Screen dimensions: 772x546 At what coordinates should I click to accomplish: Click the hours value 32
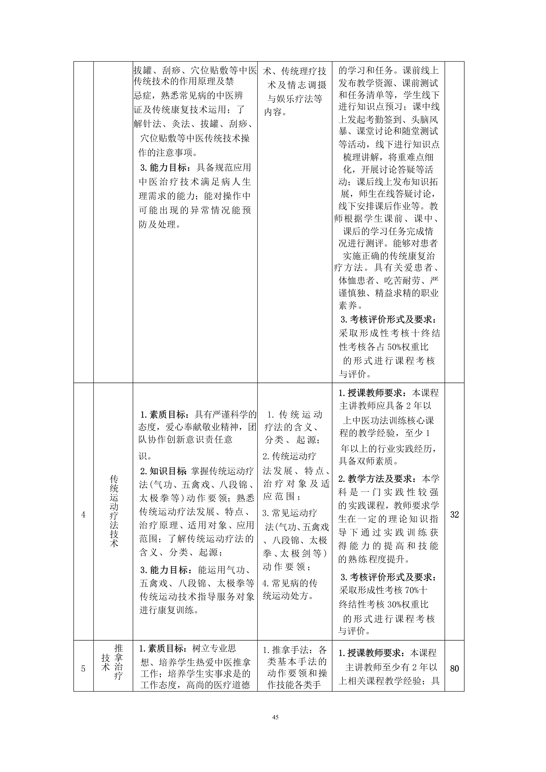(x=454, y=515)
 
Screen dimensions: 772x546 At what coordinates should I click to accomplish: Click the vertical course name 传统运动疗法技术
(x=114, y=515)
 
